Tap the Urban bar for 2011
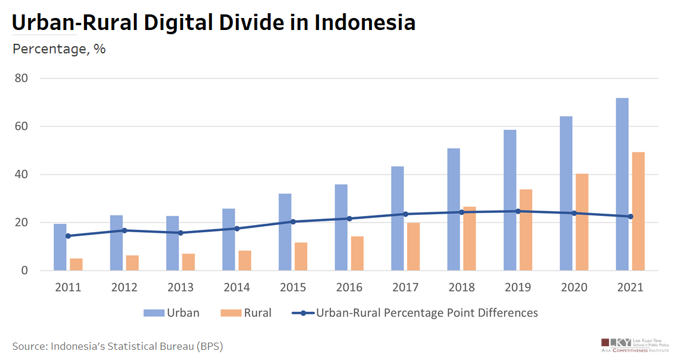60,247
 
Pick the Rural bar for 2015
301,256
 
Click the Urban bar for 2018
454,209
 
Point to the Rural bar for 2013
188,262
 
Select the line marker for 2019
518,211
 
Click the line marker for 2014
237,229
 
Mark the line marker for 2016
349,218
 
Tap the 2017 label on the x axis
405,287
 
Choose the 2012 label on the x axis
124,287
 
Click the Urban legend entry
171,313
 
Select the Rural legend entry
246,313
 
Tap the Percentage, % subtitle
59,49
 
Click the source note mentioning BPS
118,346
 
